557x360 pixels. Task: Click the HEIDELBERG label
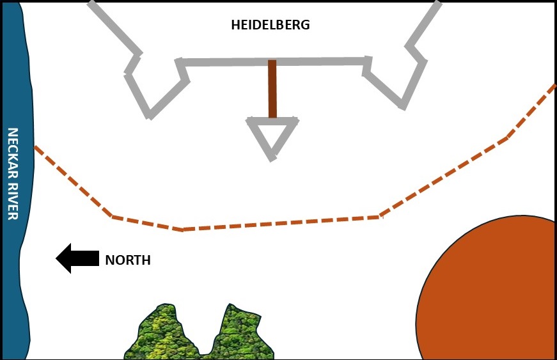point(271,26)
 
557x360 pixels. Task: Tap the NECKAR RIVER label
point(12,174)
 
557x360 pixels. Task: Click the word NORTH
point(128,260)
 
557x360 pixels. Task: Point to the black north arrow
point(77,258)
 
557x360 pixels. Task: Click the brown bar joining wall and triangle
point(272,90)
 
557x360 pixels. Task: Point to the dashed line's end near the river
point(35,147)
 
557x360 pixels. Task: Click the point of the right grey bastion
point(403,106)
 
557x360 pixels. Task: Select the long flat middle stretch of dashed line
point(281,223)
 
